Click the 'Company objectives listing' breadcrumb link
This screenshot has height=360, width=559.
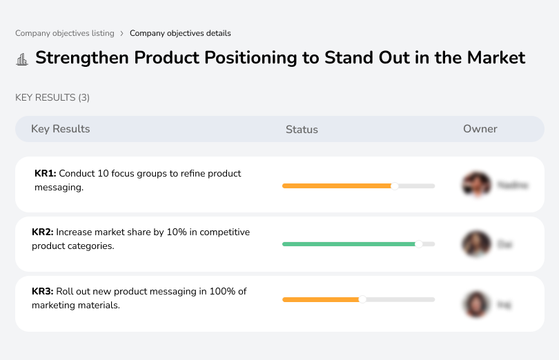click(x=64, y=33)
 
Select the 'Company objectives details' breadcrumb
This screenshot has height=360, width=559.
click(x=180, y=33)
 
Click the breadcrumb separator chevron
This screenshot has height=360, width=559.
click(x=121, y=33)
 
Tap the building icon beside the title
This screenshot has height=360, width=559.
click(x=22, y=59)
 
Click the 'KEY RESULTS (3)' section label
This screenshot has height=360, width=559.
click(x=52, y=98)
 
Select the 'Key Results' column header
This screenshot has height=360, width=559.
click(x=60, y=129)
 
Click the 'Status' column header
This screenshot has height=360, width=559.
click(x=302, y=130)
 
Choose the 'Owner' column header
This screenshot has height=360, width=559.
click(x=480, y=129)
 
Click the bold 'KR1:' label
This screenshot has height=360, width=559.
click(x=45, y=174)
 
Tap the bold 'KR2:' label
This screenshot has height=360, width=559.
click(x=43, y=232)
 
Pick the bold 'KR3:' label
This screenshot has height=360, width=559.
click(x=43, y=292)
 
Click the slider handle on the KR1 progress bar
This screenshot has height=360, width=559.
click(x=395, y=186)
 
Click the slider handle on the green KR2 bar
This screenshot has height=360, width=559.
click(x=418, y=244)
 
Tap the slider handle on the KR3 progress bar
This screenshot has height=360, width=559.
click(x=362, y=299)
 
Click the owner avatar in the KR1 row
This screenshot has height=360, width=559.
click(x=476, y=185)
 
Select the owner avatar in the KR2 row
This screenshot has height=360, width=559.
click(x=476, y=244)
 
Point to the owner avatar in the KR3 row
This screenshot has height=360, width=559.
click(x=476, y=303)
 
